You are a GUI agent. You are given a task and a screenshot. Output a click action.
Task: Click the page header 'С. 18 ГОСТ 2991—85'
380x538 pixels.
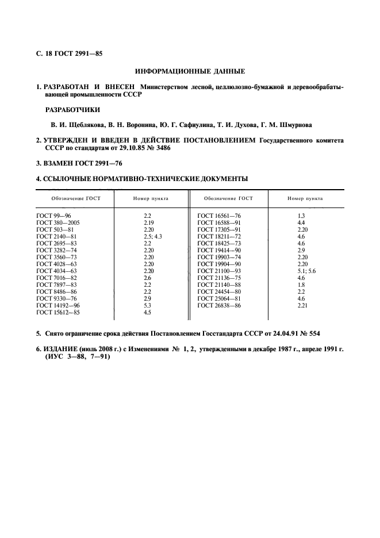[69, 55]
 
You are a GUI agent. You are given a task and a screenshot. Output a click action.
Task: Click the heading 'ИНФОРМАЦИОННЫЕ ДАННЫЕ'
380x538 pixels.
[190, 72]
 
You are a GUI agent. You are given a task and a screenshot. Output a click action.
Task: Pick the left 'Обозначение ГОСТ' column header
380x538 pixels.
[75, 198]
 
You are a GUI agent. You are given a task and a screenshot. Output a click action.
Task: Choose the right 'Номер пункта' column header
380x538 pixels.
[305, 198]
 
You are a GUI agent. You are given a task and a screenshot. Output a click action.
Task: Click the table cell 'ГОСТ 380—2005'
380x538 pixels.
[57, 222]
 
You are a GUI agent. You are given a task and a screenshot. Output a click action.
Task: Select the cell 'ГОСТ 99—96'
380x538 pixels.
[53, 214]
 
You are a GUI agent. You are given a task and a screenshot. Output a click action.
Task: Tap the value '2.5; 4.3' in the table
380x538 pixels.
[153, 236]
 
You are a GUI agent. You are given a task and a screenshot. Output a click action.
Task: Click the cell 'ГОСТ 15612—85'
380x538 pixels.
[57, 313]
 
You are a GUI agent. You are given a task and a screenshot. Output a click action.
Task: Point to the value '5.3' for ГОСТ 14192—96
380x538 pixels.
[148, 305]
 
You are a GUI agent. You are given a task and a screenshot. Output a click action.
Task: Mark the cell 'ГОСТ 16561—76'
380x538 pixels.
[218, 214]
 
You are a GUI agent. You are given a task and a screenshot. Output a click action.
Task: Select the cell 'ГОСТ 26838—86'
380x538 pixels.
[218, 305]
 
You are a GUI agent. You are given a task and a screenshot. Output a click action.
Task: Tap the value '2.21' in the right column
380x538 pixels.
[302, 305]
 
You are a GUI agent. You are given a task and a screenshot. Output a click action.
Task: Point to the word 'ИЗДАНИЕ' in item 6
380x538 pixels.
[62, 349]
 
